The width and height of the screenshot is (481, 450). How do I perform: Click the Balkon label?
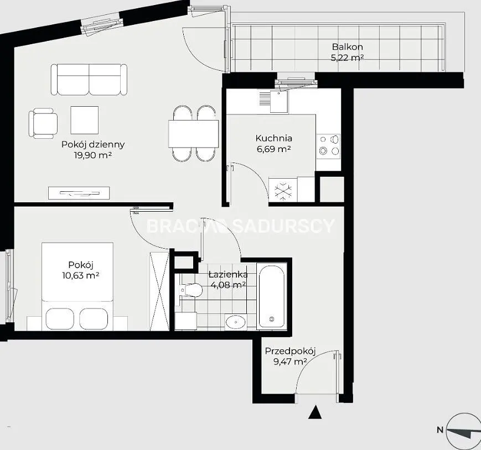pos(347,47)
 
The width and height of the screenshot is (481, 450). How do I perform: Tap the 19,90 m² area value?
pos(92,155)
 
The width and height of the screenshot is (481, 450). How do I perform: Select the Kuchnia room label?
pos(273,138)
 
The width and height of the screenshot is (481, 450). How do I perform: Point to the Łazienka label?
pos(228,274)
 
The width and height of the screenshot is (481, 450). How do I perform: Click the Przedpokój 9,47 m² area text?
pos(290,362)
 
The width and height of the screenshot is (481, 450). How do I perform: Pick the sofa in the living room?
pos(89,80)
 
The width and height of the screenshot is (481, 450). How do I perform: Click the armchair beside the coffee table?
pos(43,123)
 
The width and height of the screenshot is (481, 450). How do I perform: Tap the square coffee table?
pos(84,120)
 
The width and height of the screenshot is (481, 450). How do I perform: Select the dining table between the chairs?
pos(193,134)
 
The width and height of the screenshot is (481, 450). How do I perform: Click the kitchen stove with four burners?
pos(329,146)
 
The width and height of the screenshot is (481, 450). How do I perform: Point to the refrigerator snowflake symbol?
pos(282,190)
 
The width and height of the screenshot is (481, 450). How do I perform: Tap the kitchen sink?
pos(279,101)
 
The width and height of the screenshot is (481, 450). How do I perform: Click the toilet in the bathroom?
pos(191,290)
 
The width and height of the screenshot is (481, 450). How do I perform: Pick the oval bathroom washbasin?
pos(236,322)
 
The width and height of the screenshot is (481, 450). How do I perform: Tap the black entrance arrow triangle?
pos(315,412)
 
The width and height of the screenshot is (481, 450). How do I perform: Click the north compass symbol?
pos(463,431)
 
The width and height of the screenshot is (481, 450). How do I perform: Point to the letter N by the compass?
pos(440,430)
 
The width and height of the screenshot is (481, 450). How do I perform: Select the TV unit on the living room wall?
pos(79,193)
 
